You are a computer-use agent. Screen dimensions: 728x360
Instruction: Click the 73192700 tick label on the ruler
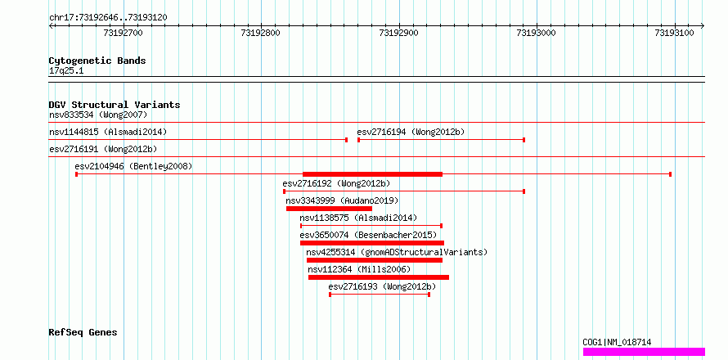tap(124, 33)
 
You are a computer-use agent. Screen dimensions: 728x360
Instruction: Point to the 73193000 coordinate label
tap(537, 33)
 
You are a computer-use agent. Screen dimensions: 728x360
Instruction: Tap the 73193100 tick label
tap(674, 33)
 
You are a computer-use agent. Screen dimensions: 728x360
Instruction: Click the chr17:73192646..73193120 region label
tap(108, 17)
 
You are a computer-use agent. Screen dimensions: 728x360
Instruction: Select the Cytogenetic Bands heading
tap(97, 61)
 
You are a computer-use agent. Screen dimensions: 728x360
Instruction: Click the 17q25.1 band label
tap(66, 71)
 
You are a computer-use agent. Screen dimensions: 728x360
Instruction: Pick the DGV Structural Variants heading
tap(115, 105)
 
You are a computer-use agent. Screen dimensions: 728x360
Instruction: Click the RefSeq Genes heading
tap(83, 333)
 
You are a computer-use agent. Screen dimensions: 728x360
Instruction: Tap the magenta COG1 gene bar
tap(644, 352)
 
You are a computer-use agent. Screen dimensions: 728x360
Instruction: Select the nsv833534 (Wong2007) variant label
tap(98, 115)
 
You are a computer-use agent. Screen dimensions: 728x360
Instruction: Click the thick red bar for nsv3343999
tap(329, 209)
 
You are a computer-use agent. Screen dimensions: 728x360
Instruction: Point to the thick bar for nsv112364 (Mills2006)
tap(379, 277)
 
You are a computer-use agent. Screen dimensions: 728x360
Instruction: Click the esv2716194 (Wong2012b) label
tap(411, 132)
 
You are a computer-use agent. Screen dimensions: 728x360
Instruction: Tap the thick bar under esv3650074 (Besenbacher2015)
tap(372, 243)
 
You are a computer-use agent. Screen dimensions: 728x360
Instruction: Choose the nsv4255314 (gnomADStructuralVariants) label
tap(397, 252)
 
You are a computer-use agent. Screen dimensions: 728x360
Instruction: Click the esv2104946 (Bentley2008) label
tap(133, 166)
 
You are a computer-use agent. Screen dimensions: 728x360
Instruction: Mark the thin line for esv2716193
tap(380, 295)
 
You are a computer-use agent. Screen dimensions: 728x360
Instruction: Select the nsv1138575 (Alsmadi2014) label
tap(358, 218)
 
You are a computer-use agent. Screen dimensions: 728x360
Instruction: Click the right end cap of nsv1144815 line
tap(346, 139)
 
